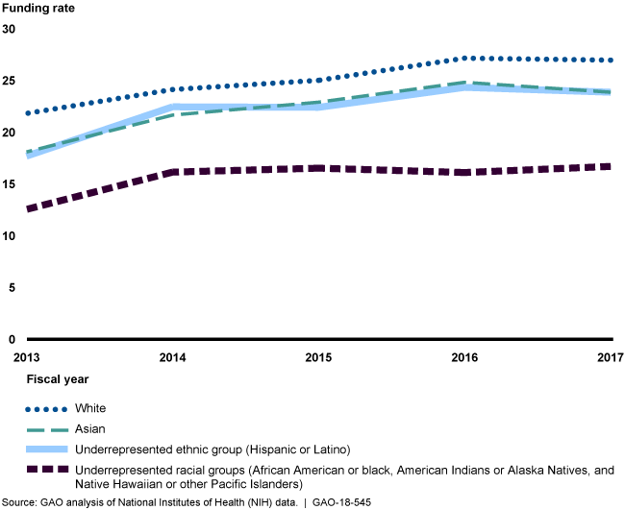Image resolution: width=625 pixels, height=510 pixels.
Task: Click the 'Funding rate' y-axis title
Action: [37, 10]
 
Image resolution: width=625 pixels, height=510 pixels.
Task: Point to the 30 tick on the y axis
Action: [10, 29]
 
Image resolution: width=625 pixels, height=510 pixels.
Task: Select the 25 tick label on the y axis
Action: [10, 81]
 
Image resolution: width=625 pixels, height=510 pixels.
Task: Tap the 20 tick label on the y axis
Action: [10, 133]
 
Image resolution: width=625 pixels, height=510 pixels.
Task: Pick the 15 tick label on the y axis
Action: [10, 184]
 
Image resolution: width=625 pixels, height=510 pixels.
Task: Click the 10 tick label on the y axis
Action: [10, 236]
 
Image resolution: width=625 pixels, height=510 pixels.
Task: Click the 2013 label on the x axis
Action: [14, 357]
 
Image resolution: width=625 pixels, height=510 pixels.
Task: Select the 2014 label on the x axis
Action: [172, 357]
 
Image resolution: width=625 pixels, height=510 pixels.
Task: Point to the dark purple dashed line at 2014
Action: [172, 172]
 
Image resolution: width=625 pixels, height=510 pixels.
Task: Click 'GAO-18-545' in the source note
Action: [341, 502]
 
